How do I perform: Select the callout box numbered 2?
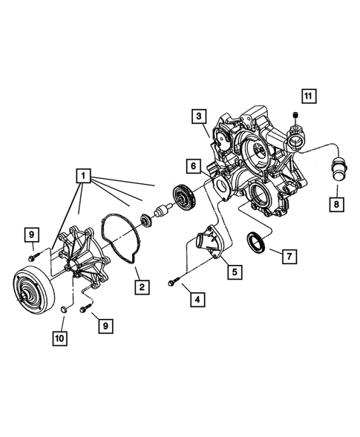(x=139, y=285)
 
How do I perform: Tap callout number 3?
(x=197, y=116)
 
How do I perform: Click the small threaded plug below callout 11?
(x=296, y=114)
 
